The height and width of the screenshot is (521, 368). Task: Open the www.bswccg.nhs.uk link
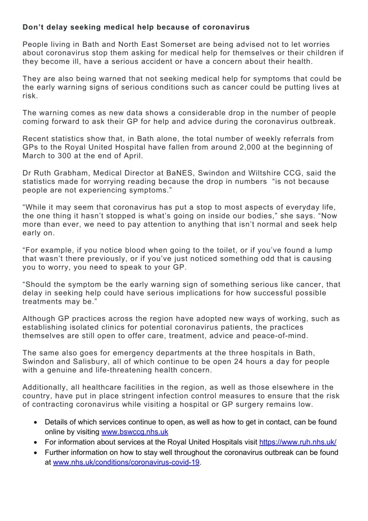(135, 432)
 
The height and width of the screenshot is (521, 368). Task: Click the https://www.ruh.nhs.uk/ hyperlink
(298, 442)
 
